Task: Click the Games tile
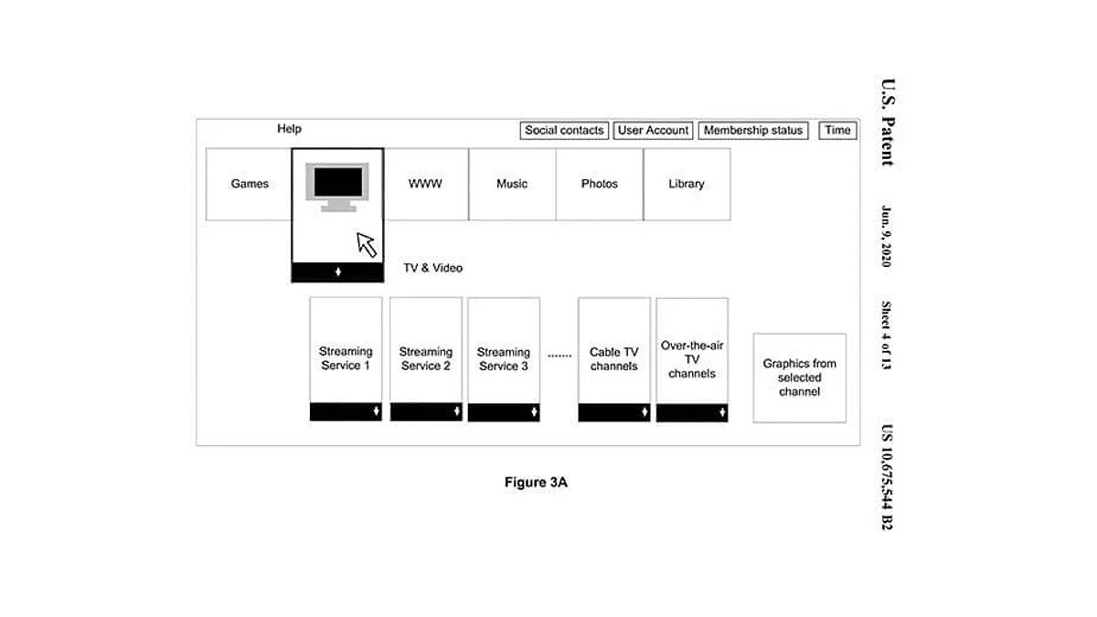tap(250, 184)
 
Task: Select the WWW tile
tap(425, 184)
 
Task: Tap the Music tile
tap(512, 184)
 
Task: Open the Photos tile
tap(600, 184)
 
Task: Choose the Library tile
tap(687, 184)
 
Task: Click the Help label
tap(289, 129)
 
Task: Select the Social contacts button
tap(564, 131)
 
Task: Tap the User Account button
tap(654, 131)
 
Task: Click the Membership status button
tap(753, 131)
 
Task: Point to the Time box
tap(837, 131)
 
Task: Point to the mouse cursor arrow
tap(366, 244)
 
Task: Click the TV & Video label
tap(433, 268)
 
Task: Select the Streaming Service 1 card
tap(346, 358)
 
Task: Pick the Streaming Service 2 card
tap(426, 358)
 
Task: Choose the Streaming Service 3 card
tap(503, 358)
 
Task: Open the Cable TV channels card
tap(614, 358)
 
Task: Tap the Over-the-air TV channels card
tap(692, 358)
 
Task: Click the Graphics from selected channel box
tap(800, 378)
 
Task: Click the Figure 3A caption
tap(536, 482)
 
